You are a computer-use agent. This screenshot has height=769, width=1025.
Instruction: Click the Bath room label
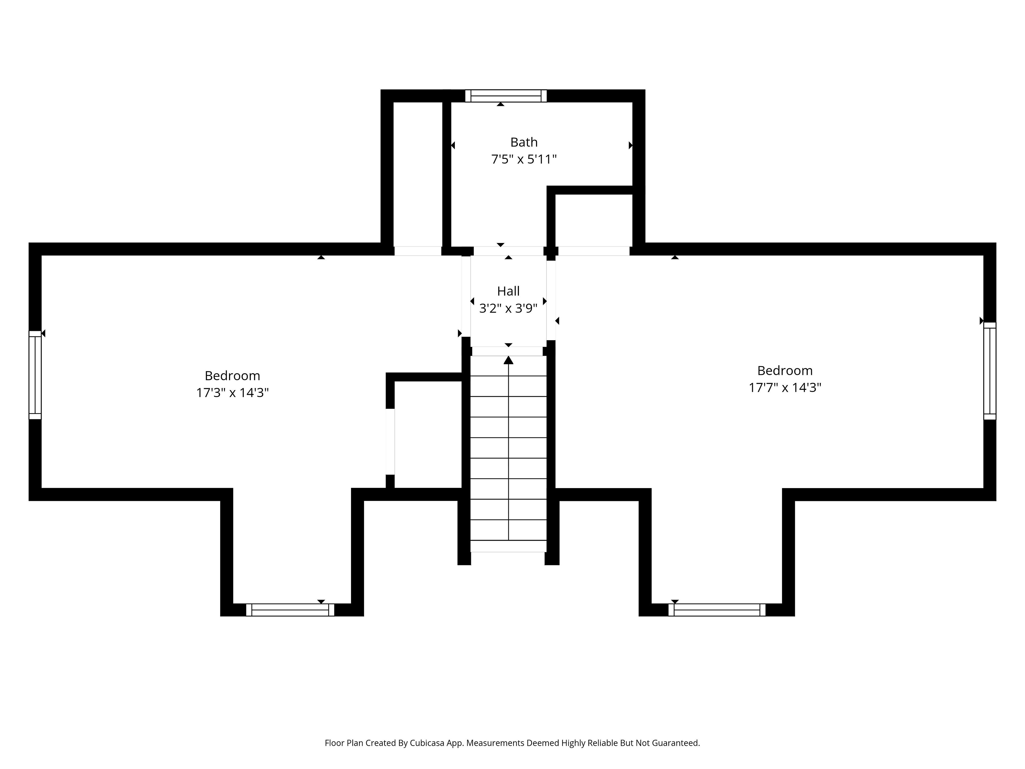[x=524, y=142]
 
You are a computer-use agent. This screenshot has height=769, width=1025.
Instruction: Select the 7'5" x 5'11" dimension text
[x=524, y=159]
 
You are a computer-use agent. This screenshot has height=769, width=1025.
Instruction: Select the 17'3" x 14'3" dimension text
[x=232, y=393]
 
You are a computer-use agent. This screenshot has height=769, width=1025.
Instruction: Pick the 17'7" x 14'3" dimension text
[x=785, y=387]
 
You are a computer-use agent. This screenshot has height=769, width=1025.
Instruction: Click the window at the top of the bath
[x=506, y=96]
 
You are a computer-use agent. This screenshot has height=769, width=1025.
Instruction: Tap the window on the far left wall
[x=35, y=375]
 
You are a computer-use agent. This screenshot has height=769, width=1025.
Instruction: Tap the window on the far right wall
[x=990, y=371]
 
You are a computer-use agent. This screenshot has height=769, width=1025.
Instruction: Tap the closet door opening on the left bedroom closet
[x=390, y=442]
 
